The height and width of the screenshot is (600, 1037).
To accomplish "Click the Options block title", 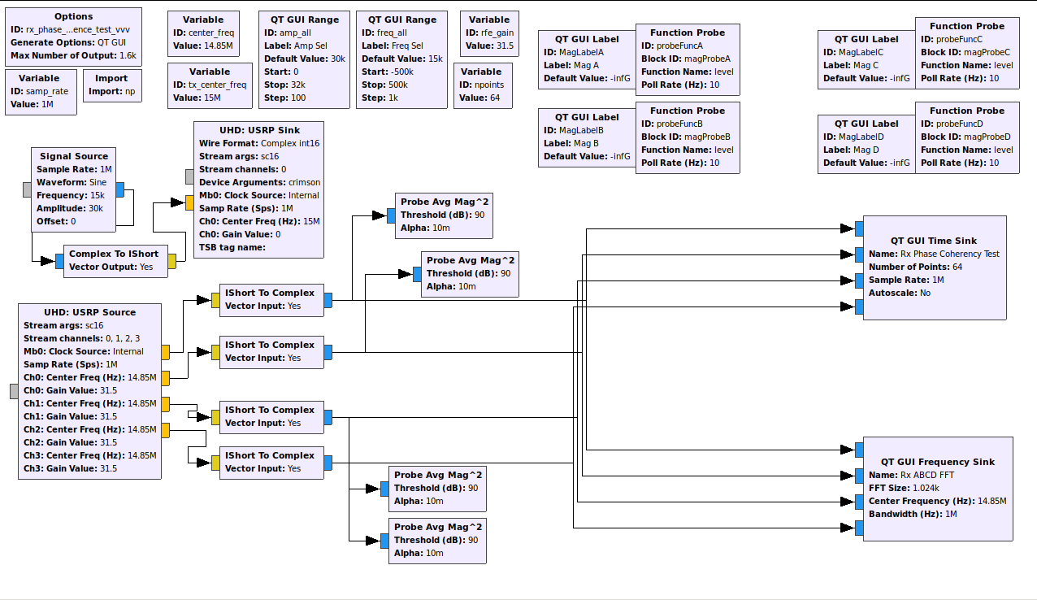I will point(74,16).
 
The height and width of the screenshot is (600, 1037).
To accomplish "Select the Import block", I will point(111,85).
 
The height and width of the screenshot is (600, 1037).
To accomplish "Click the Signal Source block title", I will point(74,156).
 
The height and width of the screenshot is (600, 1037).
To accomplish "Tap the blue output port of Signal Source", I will point(119,189).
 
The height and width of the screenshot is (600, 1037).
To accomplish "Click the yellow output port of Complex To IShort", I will point(171,261).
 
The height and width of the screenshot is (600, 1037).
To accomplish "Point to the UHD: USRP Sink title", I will point(259,130).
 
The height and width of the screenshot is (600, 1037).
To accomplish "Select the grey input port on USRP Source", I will point(14,391).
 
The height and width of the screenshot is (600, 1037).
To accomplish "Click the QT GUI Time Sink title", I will point(934,241).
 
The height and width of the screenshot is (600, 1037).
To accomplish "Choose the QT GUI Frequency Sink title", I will point(937,462).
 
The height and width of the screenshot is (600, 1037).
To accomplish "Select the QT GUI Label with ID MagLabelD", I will point(866,143).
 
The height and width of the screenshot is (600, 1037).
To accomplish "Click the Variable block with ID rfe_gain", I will point(489,33).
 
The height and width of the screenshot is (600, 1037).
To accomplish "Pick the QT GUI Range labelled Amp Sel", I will point(305,59).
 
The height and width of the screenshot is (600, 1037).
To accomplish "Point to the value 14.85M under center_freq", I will point(215,46).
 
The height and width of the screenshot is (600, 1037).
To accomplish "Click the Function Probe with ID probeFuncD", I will point(967,137).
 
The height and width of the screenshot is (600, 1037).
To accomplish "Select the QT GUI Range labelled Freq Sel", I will point(402,59).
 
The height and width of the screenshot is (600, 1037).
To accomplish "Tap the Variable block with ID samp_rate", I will point(39,92).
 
